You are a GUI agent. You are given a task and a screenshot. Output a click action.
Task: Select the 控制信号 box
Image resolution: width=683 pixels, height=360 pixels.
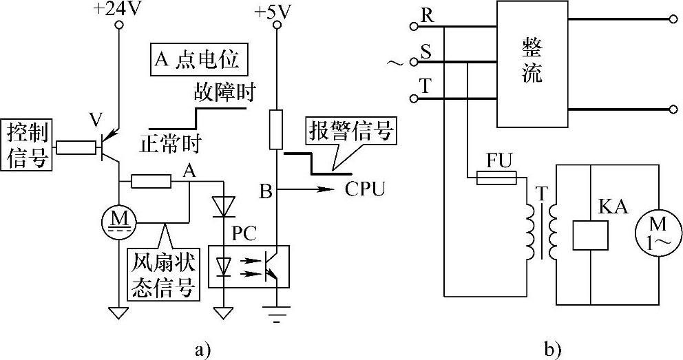pyautogui.click(x=28, y=145)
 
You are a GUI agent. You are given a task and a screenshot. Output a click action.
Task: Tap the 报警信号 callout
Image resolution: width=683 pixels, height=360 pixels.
pyautogui.click(x=352, y=131)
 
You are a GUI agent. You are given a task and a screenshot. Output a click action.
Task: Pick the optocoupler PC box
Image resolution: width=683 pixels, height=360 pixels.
pyautogui.click(x=248, y=266)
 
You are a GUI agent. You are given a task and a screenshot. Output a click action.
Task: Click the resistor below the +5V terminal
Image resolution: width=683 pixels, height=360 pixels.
pyautogui.click(x=277, y=128)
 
